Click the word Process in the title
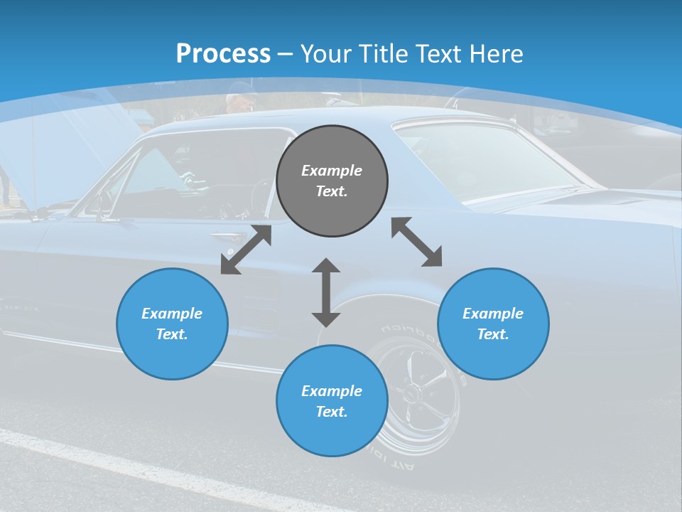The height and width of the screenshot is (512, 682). (x=223, y=54)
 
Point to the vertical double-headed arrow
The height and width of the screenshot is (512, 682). (x=326, y=292)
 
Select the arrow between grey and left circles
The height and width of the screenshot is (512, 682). (x=246, y=250)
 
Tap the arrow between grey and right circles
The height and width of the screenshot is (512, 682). (x=416, y=242)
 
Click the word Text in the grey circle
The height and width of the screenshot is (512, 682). (x=332, y=191)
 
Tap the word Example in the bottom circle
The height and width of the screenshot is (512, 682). (x=332, y=391)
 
